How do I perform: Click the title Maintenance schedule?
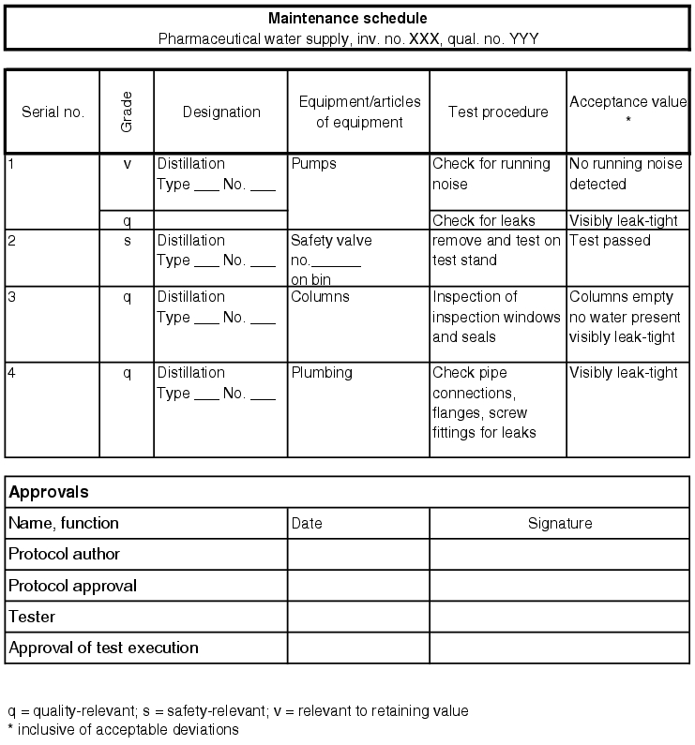(348, 19)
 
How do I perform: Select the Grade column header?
(127, 112)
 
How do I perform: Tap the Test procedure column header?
(498, 112)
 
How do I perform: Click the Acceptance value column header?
(627, 102)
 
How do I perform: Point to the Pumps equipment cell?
(313, 164)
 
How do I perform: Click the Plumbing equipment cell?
(322, 373)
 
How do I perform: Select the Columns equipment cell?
(320, 297)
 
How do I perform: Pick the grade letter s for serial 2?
(127, 241)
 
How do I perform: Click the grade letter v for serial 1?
(127, 164)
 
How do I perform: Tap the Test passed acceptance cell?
(610, 241)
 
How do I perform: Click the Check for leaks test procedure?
(484, 221)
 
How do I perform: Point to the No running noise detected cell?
(626, 174)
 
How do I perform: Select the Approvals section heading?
(49, 492)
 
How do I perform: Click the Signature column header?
(560, 524)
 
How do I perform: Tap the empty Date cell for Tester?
(358, 618)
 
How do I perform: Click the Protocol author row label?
(64, 555)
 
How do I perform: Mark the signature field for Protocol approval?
(560, 587)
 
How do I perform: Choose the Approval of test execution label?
(103, 648)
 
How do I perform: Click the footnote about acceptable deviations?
(123, 729)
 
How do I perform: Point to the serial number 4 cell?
(11, 373)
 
